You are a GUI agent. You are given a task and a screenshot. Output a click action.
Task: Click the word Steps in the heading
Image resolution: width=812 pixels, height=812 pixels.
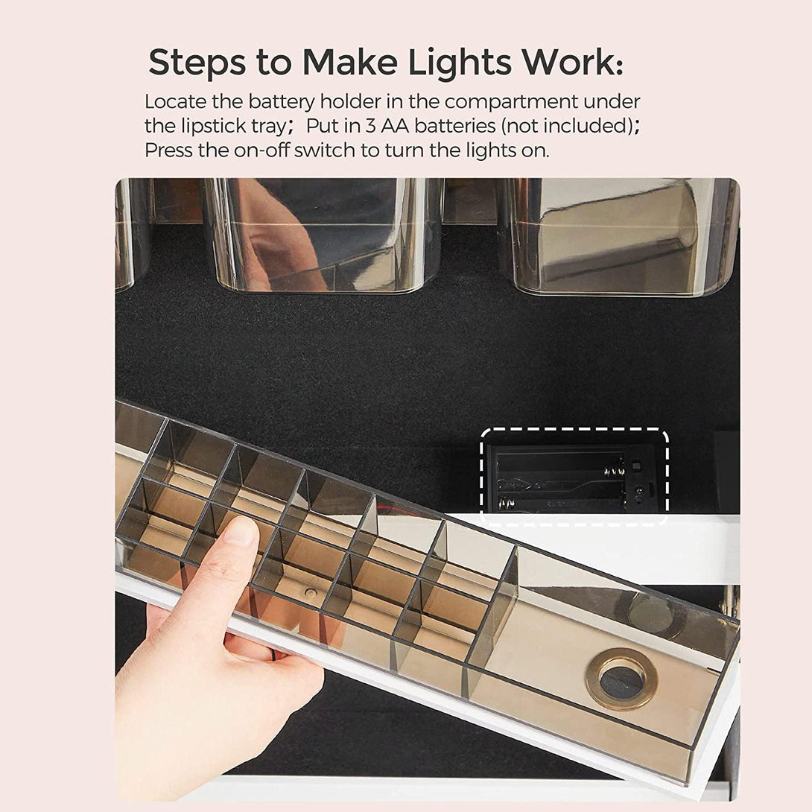click(x=197, y=63)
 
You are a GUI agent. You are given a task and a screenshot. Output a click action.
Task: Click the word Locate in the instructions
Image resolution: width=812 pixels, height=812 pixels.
click(x=175, y=101)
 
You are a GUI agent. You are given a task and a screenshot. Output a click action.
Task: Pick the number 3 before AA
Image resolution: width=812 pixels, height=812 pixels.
click(x=370, y=127)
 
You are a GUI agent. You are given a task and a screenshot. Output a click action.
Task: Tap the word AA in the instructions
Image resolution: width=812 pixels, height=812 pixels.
click(x=395, y=127)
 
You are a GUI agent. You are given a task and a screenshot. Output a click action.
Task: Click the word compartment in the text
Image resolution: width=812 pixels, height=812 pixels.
click(x=511, y=102)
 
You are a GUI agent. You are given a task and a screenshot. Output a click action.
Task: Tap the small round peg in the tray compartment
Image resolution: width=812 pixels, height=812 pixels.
click(x=310, y=593)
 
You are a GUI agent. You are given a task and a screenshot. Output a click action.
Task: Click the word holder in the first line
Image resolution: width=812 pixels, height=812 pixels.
click(x=348, y=101)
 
